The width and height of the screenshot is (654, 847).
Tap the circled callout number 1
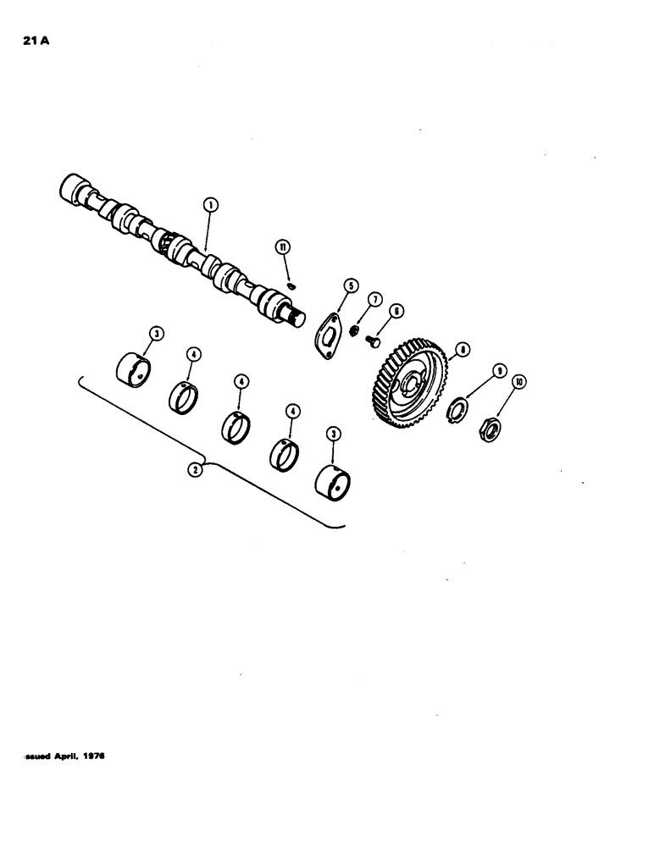211,204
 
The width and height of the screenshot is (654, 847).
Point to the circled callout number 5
349,285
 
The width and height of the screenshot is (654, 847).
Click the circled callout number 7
374,299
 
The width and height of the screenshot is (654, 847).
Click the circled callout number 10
518,383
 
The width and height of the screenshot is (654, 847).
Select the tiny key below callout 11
289,286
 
